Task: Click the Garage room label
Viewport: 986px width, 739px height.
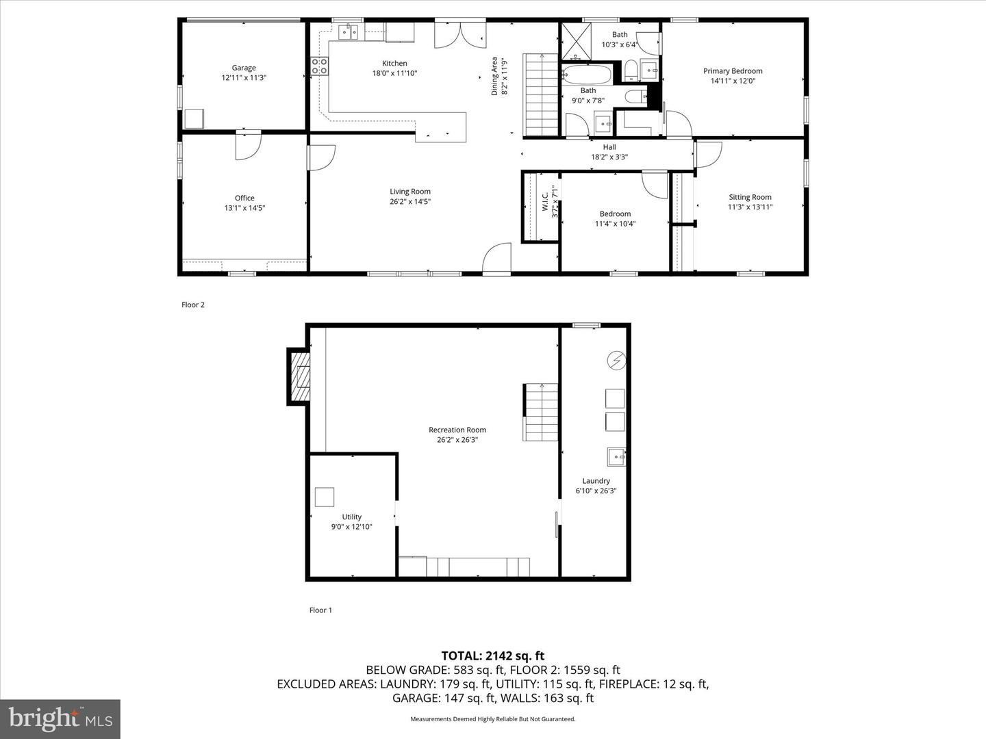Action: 244,68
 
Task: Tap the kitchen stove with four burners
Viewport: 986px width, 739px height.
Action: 319,66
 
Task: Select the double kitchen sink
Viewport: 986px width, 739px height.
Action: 348,32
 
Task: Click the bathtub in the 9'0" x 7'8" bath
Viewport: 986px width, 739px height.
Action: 587,75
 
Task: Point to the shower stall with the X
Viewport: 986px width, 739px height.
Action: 577,41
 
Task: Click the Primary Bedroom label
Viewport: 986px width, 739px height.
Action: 733,71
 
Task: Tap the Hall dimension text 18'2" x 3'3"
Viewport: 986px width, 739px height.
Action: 609,157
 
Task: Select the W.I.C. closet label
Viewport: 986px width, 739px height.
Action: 545,201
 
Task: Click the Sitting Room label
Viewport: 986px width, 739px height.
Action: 750,197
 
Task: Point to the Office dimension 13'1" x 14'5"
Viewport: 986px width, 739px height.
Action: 244,208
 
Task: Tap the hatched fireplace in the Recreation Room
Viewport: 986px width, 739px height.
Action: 299,377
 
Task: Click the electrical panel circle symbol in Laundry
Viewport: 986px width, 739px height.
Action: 616,360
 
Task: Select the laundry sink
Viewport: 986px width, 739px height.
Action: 616,457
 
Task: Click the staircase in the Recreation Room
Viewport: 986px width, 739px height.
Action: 540,412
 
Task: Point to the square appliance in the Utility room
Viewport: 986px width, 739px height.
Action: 325,497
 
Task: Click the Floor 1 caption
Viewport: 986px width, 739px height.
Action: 320,610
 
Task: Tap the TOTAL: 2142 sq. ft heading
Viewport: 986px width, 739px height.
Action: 493,656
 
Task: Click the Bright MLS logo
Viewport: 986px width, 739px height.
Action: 60,718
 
